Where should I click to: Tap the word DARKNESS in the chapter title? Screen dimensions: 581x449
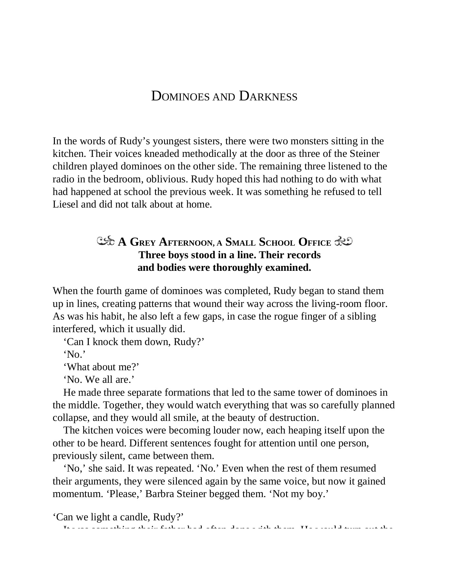268,97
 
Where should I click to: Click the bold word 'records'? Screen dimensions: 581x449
303,255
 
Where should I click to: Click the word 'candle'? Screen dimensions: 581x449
135,517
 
